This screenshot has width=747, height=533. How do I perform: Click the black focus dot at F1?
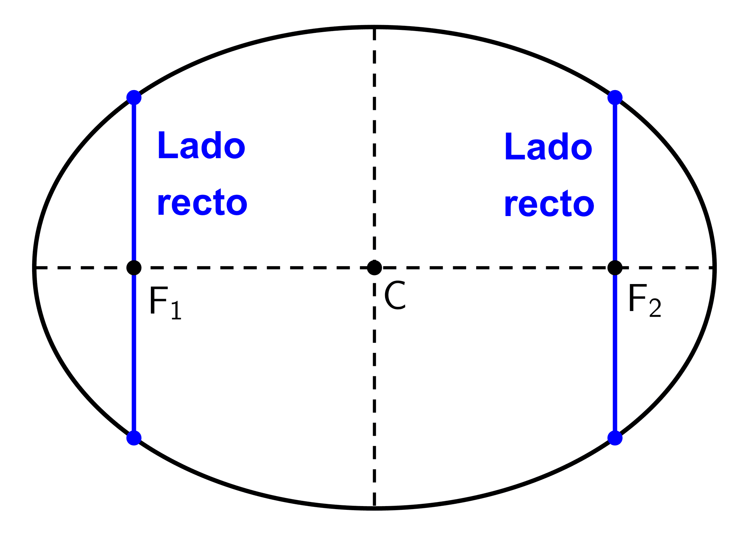(134, 268)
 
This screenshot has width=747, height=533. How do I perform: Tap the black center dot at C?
(374, 268)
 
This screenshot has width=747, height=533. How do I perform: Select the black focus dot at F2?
(615, 268)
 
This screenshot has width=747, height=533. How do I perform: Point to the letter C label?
(395, 296)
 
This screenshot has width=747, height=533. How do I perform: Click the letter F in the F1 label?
(158, 301)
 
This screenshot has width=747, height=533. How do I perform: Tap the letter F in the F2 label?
(637, 298)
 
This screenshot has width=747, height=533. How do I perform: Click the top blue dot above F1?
(134, 98)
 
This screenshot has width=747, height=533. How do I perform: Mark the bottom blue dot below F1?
(134, 438)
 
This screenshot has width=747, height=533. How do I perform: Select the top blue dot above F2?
(615, 98)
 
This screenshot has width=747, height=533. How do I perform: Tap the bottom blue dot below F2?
(615, 438)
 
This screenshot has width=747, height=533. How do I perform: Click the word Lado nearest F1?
(201, 145)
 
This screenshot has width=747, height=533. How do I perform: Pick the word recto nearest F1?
(202, 203)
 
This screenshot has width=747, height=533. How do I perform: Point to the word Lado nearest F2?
(548, 147)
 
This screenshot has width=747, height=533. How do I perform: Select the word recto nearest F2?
(549, 204)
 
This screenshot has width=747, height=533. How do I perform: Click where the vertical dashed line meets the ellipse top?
(374, 27)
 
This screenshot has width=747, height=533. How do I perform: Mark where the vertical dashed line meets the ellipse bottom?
(374, 508)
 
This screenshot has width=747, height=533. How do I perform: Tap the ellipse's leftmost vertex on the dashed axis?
(34, 268)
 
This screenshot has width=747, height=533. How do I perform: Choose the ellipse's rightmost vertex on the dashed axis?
(714, 268)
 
